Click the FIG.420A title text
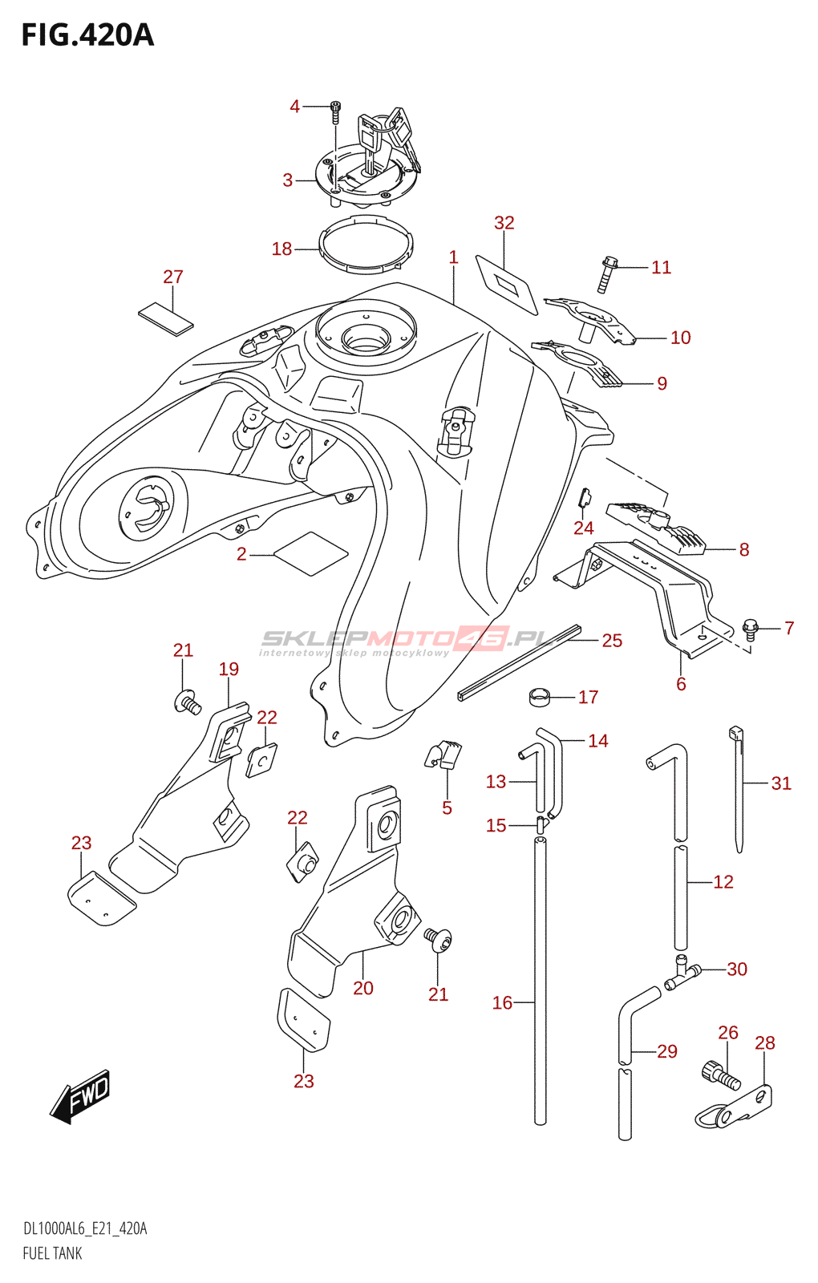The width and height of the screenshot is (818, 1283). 87,35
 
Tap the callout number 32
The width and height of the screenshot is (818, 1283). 504,223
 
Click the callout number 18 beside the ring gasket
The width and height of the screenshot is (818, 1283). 281,249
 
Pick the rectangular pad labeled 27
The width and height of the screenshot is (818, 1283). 165,320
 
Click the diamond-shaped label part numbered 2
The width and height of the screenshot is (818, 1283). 311,553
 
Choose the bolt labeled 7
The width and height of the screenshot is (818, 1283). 751,629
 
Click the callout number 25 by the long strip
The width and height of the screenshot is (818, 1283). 612,641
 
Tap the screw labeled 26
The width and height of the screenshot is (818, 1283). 721,1078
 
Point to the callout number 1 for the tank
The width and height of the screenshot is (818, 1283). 454,257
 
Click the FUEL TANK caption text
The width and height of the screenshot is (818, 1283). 52,1253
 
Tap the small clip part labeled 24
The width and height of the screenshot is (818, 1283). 583,497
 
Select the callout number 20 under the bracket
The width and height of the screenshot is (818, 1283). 363,988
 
